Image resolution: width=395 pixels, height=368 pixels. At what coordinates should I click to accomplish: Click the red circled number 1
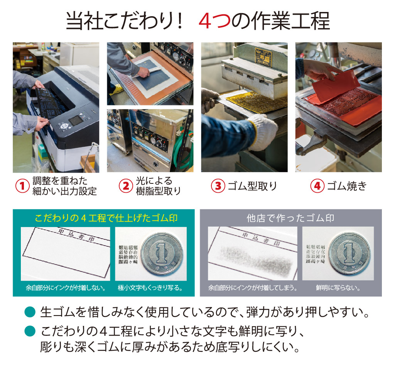coord(22,186)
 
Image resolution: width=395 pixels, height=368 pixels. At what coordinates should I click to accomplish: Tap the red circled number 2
coord(125,186)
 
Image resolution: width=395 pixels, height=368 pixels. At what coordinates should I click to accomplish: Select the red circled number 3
coord(218,186)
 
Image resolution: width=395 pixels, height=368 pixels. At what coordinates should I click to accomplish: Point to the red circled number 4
coord(317,186)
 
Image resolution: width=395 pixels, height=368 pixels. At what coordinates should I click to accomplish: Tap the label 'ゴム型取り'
coord(253,186)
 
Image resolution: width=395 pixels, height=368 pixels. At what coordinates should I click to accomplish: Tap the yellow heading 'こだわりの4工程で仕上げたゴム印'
coord(106,218)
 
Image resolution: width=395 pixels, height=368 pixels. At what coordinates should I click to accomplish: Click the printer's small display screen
coord(76,120)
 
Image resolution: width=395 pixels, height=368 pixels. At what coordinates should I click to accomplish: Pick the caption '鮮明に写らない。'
coord(338,288)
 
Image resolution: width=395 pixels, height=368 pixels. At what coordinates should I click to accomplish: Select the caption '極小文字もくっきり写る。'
coord(150,288)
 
